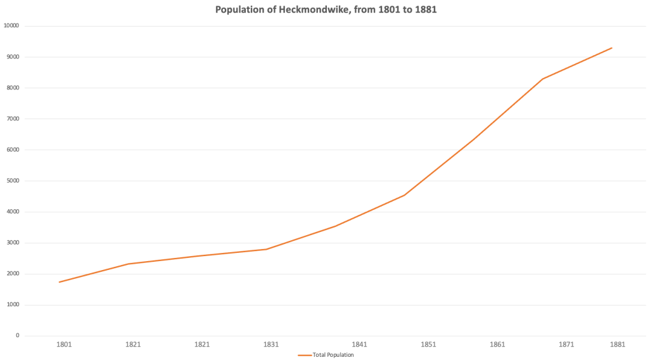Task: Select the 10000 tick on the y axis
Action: (11, 26)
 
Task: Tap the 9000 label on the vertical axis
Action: (13, 57)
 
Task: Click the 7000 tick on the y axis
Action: (13, 119)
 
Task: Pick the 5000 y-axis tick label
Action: (13, 181)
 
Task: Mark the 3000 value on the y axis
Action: (13, 243)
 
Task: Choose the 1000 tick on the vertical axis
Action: (13, 305)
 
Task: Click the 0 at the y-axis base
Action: (17, 336)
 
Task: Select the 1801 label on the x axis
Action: (64, 345)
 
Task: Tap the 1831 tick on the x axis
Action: (271, 345)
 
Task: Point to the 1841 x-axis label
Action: (359, 345)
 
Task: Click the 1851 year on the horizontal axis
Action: (428, 345)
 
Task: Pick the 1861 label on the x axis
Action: (497, 345)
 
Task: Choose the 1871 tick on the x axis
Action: (566, 345)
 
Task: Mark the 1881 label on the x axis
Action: (618, 345)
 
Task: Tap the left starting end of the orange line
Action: (59, 282)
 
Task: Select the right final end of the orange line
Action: (612, 48)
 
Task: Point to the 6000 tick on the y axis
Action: (13, 150)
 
